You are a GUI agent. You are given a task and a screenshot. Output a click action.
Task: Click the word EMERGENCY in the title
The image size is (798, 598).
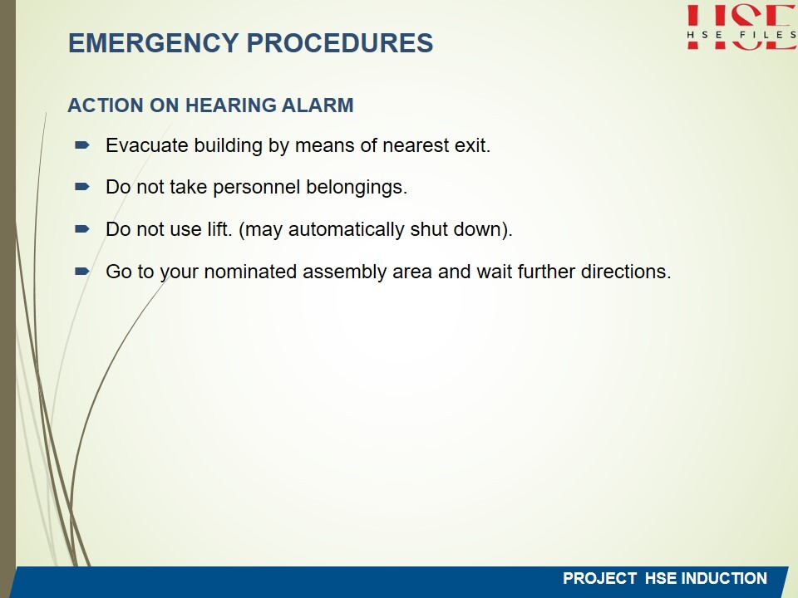click(x=153, y=42)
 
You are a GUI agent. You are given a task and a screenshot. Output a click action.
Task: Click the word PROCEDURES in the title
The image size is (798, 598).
click(x=340, y=42)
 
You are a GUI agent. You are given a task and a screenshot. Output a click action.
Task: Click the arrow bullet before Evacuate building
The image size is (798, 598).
click(x=82, y=145)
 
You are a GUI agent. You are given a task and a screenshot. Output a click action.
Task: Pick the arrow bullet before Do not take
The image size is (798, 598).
click(x=82, y=187)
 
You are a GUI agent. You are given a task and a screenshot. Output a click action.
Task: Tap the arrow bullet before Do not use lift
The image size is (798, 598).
click(x=82, y=229)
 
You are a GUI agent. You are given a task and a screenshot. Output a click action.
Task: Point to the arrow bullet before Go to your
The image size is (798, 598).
click(x=82, y=272)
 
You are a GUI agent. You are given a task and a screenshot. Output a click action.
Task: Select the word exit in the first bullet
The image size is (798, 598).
click(x=472, y=145)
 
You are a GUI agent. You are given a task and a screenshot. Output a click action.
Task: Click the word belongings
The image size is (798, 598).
click(x=357, y=188)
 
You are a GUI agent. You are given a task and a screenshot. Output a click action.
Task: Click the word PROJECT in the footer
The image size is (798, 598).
click(x=599, y=578)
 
